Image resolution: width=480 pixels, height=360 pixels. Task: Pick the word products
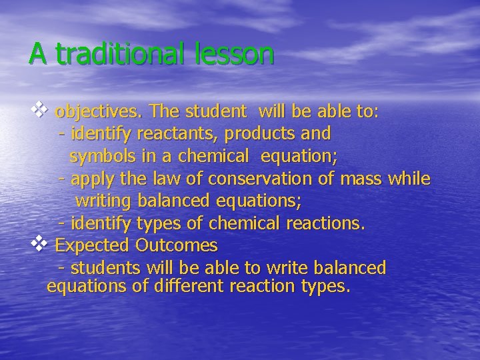(x=259, y=134)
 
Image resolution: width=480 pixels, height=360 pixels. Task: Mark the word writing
(x=105, y=201)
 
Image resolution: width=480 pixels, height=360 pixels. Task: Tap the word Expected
(x=92, y=246)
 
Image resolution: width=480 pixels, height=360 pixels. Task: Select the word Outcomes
(x=177, y=245)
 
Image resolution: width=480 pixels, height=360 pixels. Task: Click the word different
(x=186, y=287)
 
